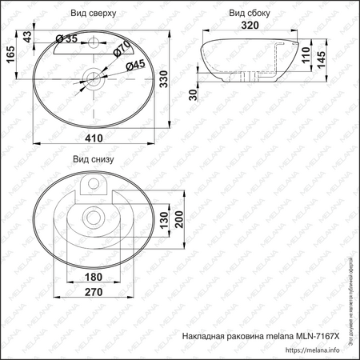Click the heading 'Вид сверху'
coord(94,14)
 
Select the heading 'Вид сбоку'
coord(249,14)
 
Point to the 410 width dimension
coord(95,138)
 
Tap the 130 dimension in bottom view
coord(164,218)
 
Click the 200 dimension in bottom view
coord(181,218)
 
